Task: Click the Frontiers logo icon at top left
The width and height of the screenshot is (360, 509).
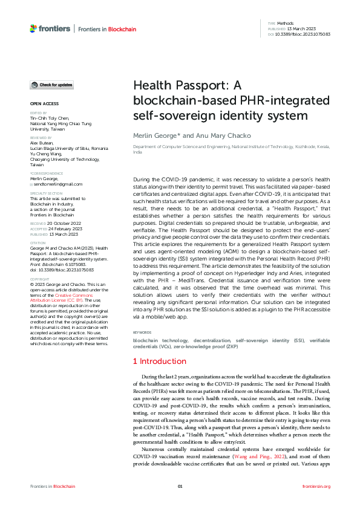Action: click(33, 28)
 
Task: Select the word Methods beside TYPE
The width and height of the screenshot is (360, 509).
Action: click(286, 22)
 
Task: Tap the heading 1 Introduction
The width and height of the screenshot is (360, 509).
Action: click(160, 361)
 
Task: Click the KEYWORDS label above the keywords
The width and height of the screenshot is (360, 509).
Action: click(142, 332)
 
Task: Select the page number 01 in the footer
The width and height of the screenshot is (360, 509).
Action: click(180, 486)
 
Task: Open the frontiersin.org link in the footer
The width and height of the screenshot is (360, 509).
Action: click(316, 486)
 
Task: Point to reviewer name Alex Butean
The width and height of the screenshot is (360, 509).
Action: click(43, 143)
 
